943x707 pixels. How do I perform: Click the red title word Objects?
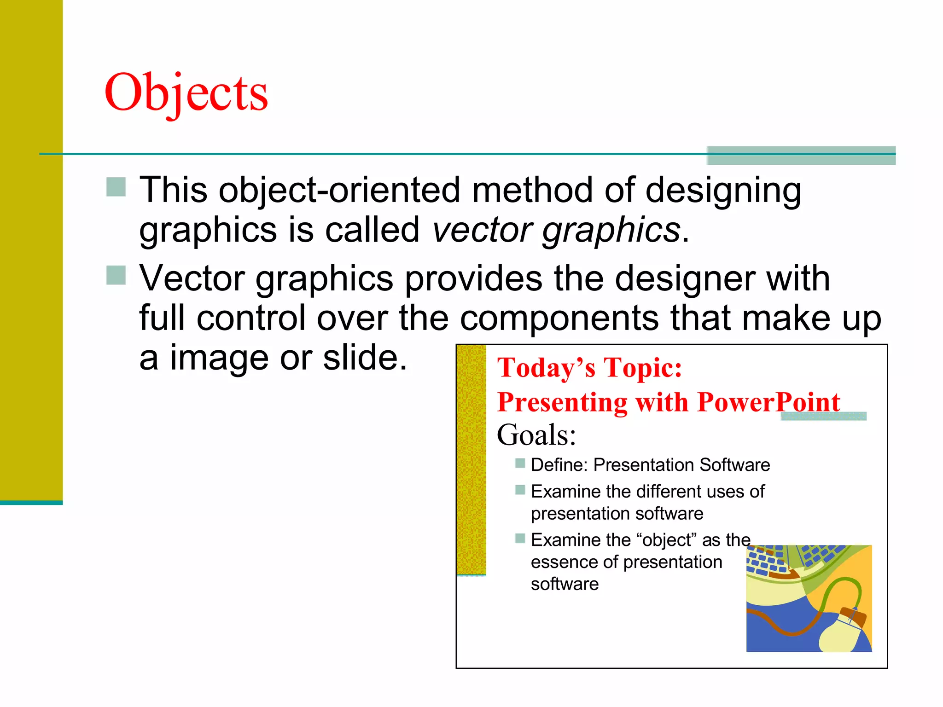click(186, 93)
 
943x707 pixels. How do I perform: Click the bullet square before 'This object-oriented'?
click(116, 187)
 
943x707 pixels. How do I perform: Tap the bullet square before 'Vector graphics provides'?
click(116, 275)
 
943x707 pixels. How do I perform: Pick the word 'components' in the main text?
click(559, 319)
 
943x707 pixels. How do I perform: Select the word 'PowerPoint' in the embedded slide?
click(768, 402)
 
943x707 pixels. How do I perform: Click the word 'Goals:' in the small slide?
click(536, 435)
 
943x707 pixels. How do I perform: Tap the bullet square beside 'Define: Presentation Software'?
click(520, 463)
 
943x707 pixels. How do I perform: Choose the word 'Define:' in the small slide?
click(559, 465)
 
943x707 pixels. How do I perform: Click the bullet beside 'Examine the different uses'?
click(520, 490)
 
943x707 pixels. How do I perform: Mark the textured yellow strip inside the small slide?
click(471, 460)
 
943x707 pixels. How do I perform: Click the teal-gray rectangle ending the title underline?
click(801, 156)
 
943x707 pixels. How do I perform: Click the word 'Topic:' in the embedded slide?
click(643, 368)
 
